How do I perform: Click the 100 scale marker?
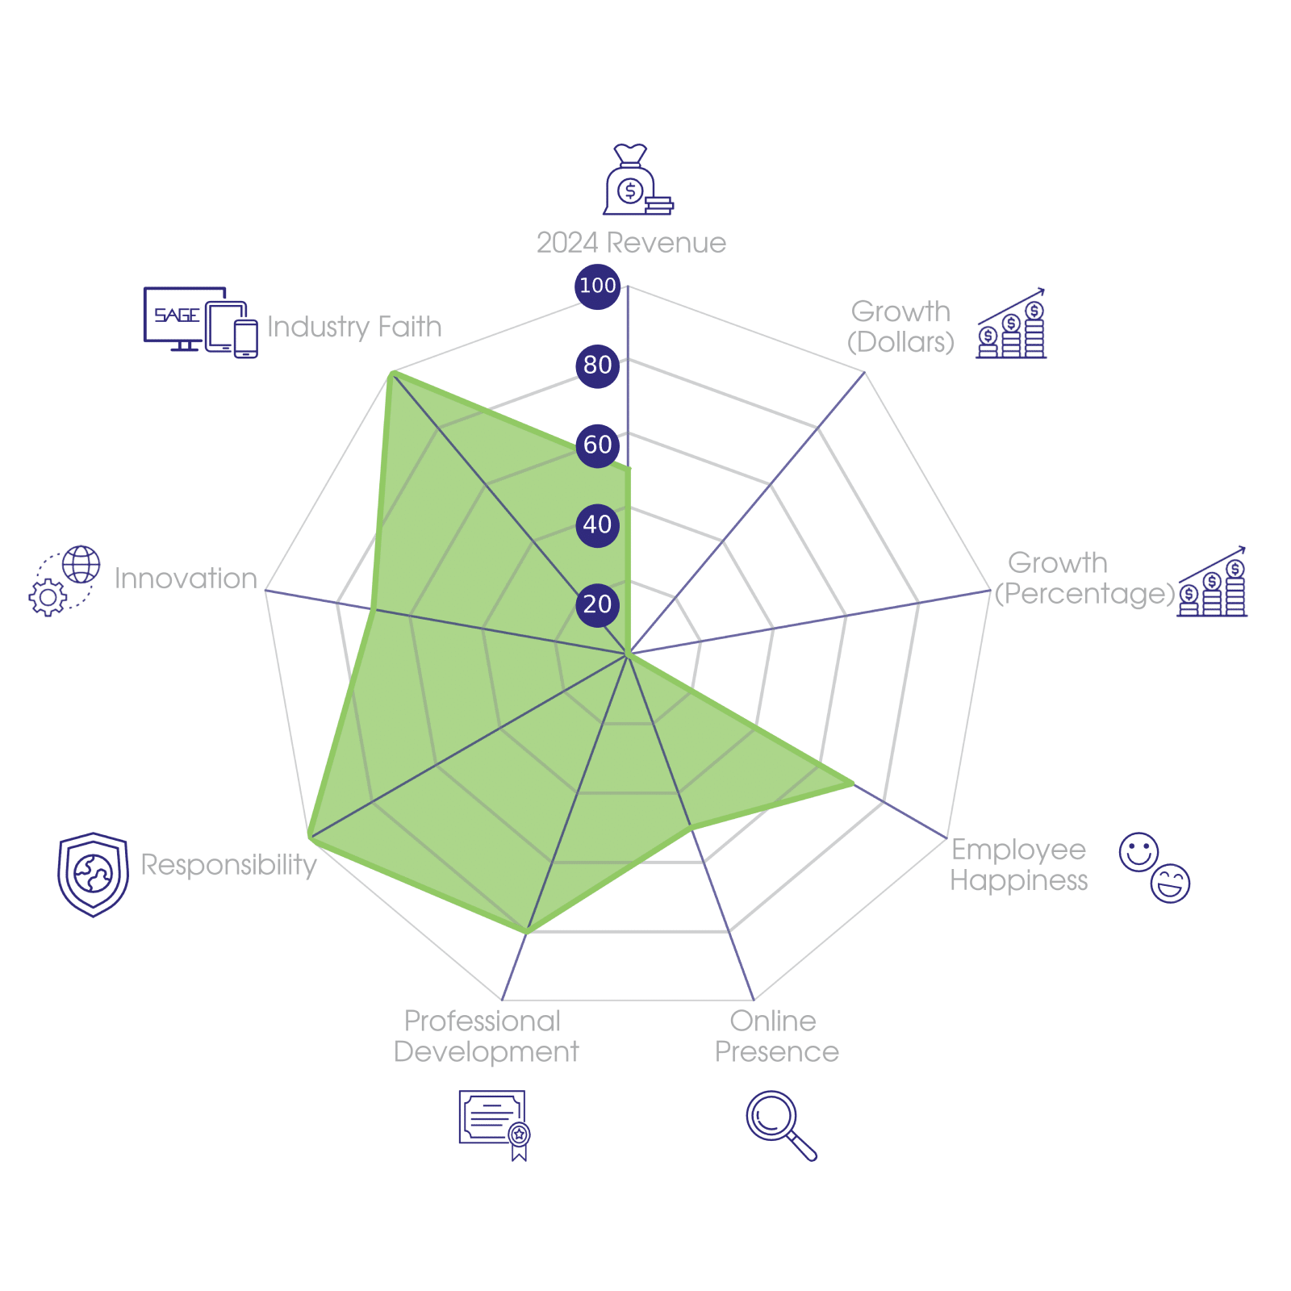(x=597, y=286)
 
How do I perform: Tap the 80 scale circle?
(x=597, y=366)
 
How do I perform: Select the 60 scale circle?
(x=597, y=445)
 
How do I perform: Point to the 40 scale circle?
(x=597, y=524)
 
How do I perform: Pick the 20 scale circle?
(x=597, y=604)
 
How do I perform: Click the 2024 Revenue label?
(x=631, y=243)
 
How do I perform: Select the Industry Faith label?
(x=354, y=327)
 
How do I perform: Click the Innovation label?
(x=186, y=579)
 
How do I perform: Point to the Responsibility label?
(x=228, y=865)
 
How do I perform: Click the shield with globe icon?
(x=94, y=874)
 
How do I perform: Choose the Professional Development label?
(x=485, y=1037)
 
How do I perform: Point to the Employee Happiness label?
(x=1018, y=865)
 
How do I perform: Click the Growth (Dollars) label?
(x=900, y=327)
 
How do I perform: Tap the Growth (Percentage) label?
(x=1084, y=579)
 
